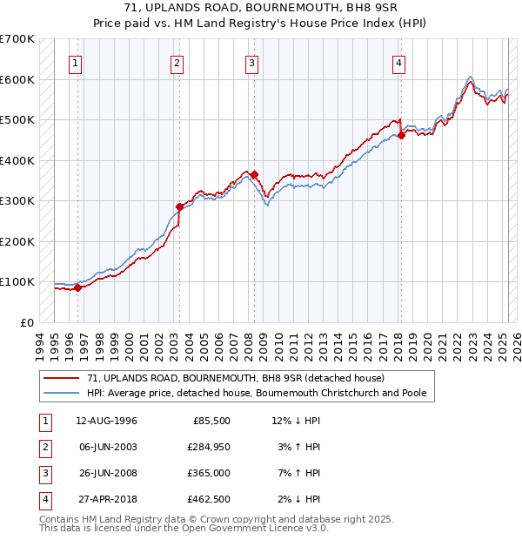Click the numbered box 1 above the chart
77,63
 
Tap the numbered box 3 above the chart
251,63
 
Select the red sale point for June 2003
179,207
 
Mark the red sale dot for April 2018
401,135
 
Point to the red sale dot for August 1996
77,287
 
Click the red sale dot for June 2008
254,175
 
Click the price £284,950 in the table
208,447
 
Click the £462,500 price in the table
208,499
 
